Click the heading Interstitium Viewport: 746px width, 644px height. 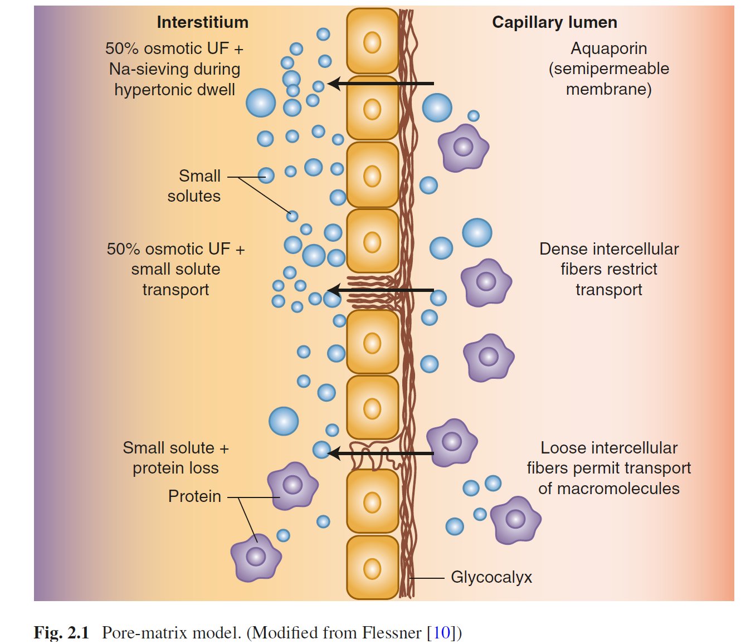pos(202,22)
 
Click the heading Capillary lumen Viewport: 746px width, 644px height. pos(554,22)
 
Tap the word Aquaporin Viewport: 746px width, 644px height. pos(608,48)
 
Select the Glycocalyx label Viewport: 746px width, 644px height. pos(491,577)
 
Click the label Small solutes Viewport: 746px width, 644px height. pos(194,186)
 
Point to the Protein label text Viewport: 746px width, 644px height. pos(194,496)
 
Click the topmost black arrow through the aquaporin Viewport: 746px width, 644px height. pos(381,84)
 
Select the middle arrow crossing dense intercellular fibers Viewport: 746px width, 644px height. pos(381,290)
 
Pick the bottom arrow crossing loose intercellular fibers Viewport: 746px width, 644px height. pos(381,453)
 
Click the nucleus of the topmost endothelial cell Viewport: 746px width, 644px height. pos(372,42)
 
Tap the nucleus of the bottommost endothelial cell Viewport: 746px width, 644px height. pos(372,569)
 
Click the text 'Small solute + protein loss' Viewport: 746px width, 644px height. pos(175,458)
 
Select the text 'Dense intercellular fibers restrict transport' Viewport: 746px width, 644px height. pos(608,269)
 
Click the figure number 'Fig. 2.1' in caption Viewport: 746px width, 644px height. pos(61,633)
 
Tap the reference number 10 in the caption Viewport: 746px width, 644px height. pos(441,633)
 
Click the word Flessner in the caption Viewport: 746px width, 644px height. pos(392,633)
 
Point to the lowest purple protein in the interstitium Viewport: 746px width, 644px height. pos(256,557)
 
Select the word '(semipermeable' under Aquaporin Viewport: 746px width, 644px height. pos(608,69)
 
